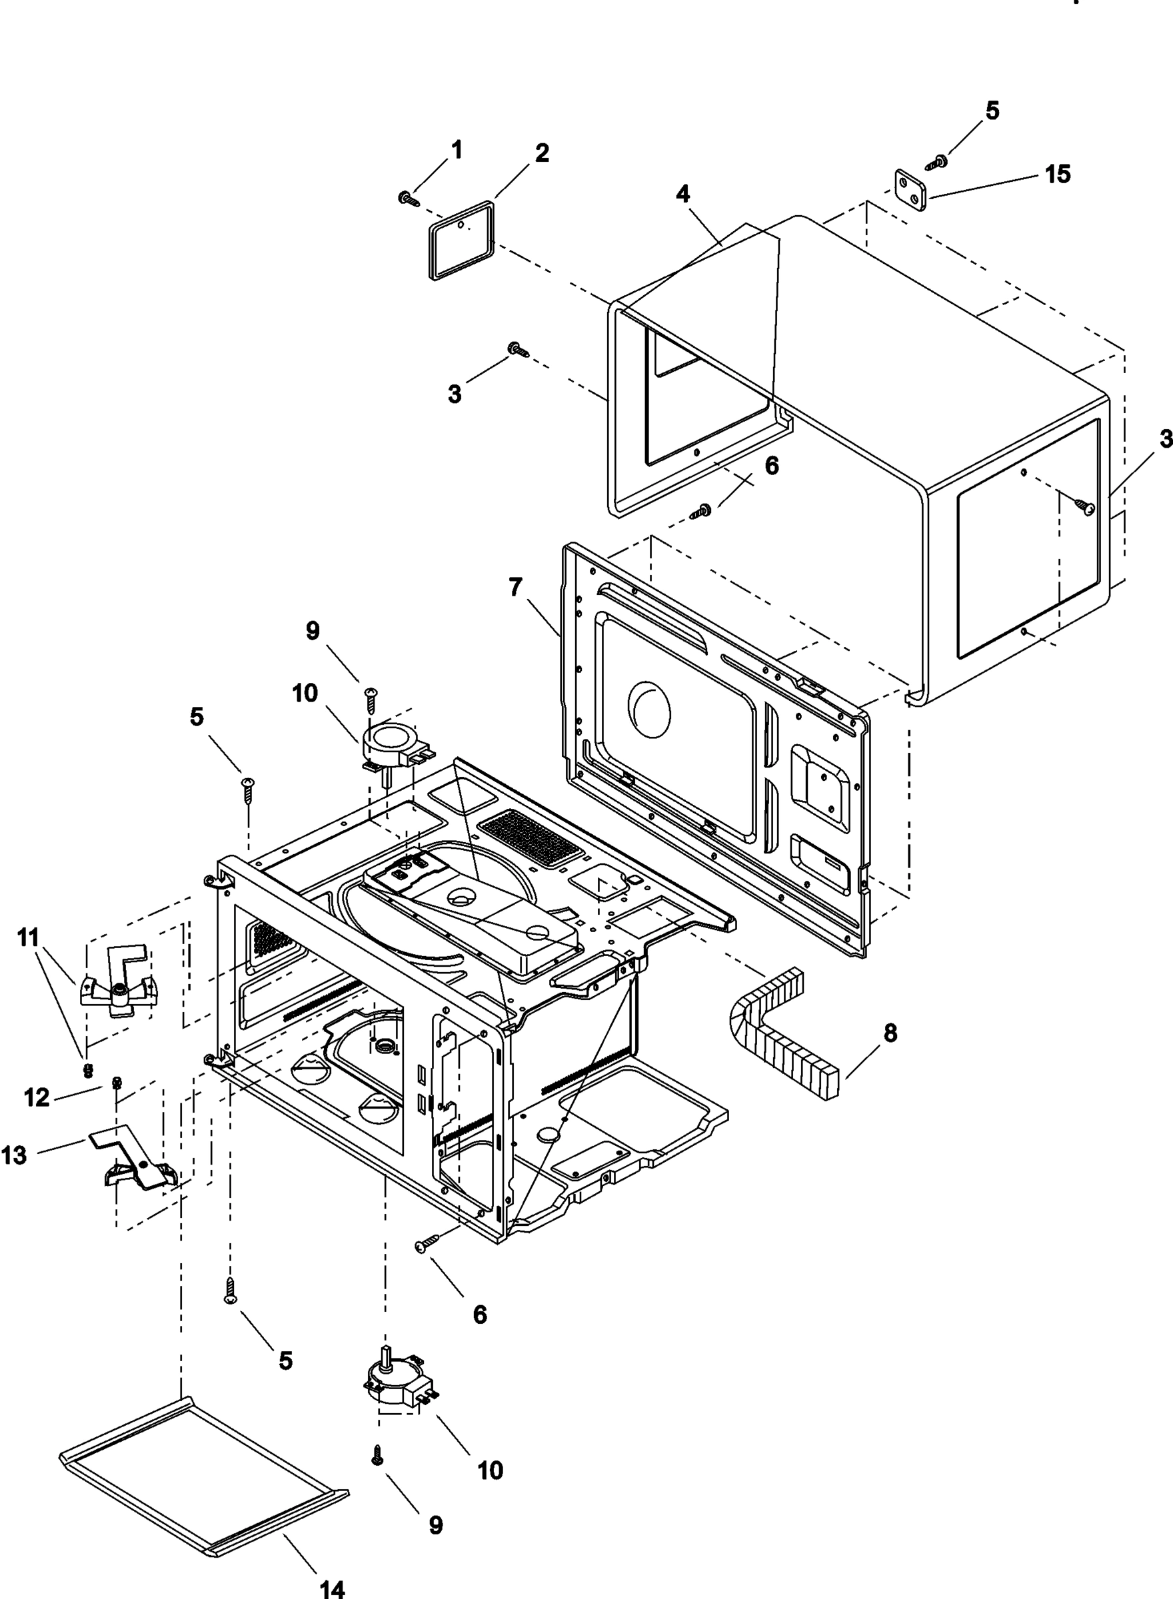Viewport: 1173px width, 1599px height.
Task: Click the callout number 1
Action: pyautogui.click(x=457, y=150)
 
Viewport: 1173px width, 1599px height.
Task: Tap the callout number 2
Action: pyautogui.click(x=542, y=153)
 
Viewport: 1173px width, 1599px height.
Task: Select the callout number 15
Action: pyautogui.click(x=1057, y=174)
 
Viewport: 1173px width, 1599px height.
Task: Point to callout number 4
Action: pyautogui.click(x=683, y=194)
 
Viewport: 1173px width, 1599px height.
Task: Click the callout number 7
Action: pyautogui.click(x=515, y=587)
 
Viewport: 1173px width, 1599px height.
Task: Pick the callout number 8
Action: pyautogui.click(x=890, y=1033)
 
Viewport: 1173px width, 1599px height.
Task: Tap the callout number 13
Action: pyautogui.click(x=14, y=1155)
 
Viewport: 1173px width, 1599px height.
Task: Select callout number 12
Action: pyautogui.click(x=36, y=1098)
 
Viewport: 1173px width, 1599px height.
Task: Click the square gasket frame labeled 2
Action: pyautogui.click(x=461, y=241)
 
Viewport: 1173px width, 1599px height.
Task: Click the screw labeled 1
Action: pyautogui.click(x=409, y=199)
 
